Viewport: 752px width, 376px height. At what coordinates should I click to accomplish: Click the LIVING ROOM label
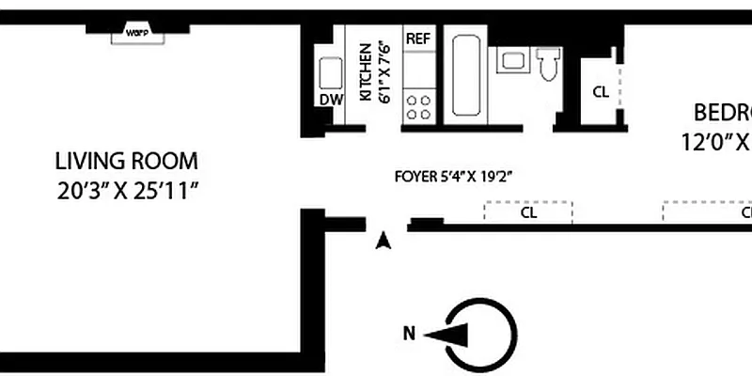pos(127,160)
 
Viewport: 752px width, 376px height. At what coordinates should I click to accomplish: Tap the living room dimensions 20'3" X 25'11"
pos(127,193)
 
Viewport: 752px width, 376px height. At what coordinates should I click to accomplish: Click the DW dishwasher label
pos(331,99)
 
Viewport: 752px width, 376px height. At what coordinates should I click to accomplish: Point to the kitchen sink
pos(331,73)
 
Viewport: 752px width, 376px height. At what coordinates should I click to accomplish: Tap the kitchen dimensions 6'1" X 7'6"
pos(384,76)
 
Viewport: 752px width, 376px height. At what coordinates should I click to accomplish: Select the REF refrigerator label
pos(417,39)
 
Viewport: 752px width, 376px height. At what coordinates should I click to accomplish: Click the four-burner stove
pos(419,105)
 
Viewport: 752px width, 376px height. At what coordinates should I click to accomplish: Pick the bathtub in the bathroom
pos(464,77)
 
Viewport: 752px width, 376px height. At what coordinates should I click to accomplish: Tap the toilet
pos(549,64)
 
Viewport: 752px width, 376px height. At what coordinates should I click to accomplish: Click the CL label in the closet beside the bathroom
pos(600,91)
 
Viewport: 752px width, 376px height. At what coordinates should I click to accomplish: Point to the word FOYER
pos(415,176)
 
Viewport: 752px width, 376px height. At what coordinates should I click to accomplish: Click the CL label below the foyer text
pos(528,212)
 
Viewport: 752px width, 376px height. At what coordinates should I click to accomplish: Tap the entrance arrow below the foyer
pos(383,242)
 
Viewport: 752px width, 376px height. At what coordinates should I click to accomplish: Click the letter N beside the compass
pos(409,332)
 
